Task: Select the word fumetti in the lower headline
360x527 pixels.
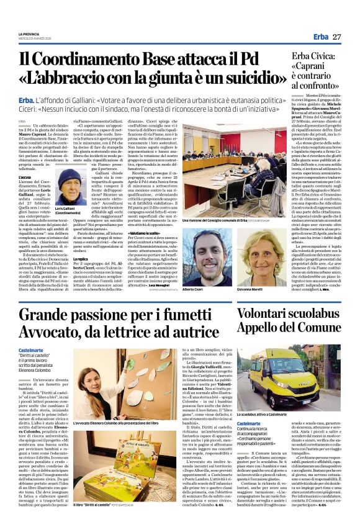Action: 189,313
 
